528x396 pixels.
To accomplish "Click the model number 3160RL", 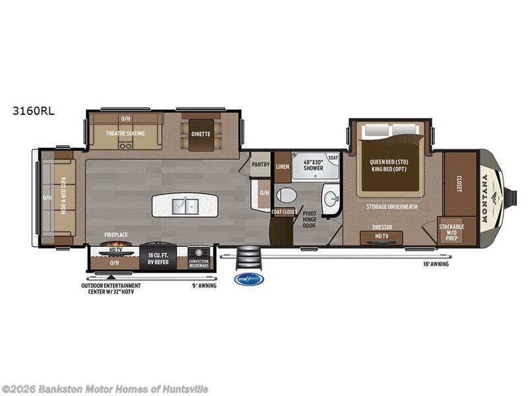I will coord(34,111).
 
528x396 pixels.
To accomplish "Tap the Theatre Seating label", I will coord(125,133).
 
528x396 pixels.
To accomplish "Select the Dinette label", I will coord(201,133).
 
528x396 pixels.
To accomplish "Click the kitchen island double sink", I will coord(185,206).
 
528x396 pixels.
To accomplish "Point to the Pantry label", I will coord(261,164).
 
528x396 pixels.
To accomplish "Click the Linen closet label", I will coord(282,167).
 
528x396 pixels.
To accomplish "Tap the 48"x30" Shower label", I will coord(313,164).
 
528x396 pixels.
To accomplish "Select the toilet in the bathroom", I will coord(286,195).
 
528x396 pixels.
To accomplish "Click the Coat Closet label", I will coord(284,211).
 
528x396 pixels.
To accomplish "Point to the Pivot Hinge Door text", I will coord(310,220).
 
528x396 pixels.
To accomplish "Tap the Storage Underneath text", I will coord(392,206).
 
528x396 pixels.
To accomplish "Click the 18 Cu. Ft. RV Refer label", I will coord(157,257).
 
